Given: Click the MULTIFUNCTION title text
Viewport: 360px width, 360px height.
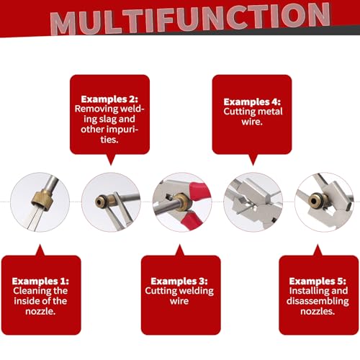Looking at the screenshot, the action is (x=190, y=19).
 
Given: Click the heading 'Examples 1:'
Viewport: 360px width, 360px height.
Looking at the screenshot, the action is (x=40, y=281).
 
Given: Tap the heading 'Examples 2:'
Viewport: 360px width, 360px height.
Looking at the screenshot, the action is (x=109, y=99).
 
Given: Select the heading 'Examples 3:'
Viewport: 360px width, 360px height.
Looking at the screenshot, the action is (x=179, y=281).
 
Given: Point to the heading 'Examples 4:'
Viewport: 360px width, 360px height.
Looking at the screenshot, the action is (x=252, y=102).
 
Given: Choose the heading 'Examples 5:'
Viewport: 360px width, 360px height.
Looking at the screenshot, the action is (x=318, y=281).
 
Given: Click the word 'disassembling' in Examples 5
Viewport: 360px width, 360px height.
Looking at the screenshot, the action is (x=318, y=302).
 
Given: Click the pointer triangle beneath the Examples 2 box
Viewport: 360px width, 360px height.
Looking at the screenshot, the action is (x=111, y=159).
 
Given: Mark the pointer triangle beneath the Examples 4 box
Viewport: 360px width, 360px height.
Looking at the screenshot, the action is (x=253, y=160).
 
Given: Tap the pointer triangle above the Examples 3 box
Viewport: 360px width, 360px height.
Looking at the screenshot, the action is (x=180, y=251).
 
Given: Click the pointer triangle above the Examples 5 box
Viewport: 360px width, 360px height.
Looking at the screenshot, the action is (x=318, y=251).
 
